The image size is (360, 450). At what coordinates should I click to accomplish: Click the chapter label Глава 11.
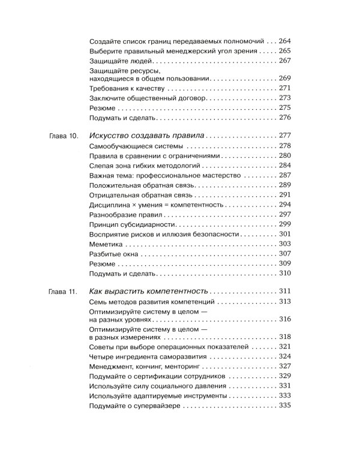(62, 291)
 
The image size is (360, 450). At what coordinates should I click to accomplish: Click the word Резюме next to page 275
(102, 107)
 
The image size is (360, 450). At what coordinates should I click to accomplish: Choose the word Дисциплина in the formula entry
(109, 205)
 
